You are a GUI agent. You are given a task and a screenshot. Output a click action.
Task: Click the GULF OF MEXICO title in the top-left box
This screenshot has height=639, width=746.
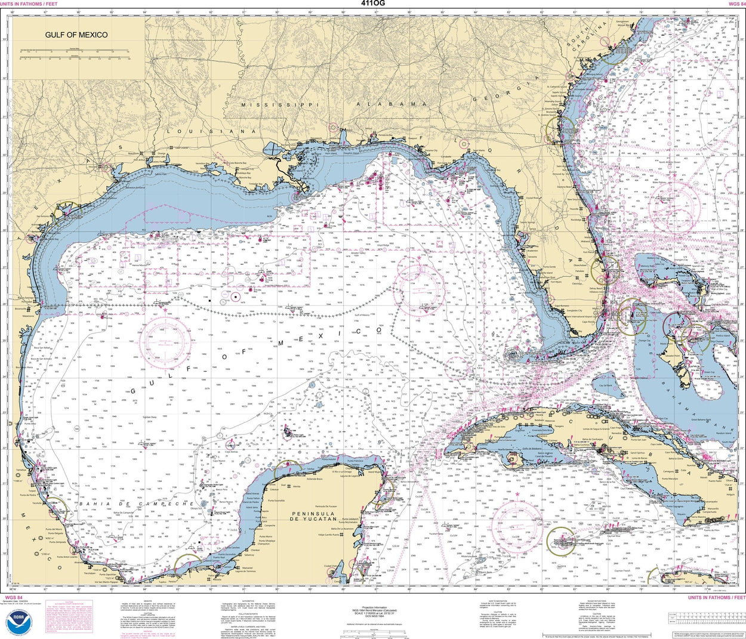tap(76, 35)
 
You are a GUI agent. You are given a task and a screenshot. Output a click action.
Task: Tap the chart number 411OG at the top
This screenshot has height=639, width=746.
tap(372, 4)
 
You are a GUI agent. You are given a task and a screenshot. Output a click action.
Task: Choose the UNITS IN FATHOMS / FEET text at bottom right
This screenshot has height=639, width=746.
tap(716, 597)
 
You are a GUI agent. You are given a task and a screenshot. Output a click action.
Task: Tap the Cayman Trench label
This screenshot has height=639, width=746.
tap(622, 571)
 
